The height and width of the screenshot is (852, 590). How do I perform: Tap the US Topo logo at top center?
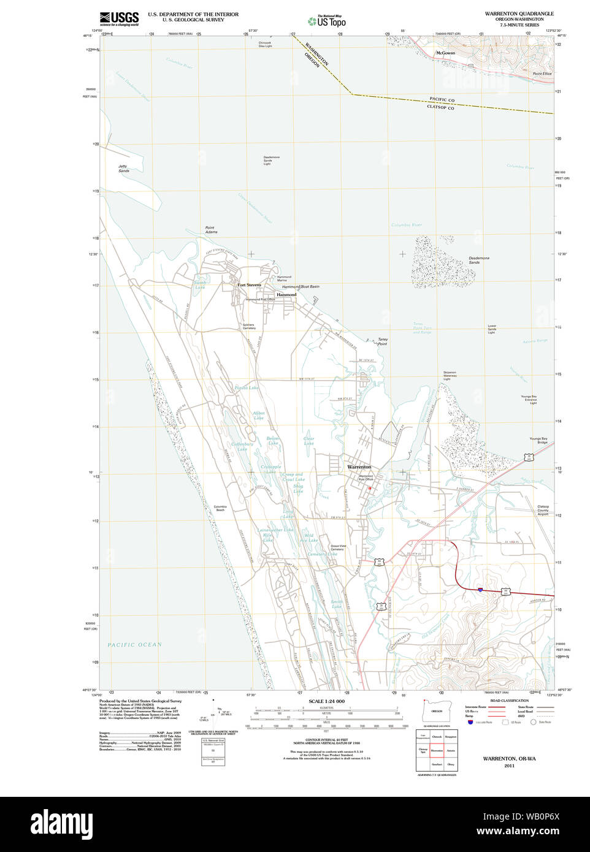click(x=327, y=20)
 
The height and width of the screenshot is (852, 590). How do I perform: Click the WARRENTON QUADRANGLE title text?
click(x=519, y=13)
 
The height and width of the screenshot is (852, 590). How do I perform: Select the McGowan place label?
click(x=445, y=53)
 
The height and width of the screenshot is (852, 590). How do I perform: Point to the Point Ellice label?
click(x=542, y=74)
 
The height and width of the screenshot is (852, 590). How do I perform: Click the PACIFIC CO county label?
click(x=442, y=99)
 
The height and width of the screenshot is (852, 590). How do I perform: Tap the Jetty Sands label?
click(x=124, y=168)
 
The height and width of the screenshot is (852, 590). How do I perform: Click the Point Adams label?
click(x=210, y=230)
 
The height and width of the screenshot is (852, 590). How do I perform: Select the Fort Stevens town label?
click(x=250, y=285)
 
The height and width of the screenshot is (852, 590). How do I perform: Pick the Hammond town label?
click(x=286, y=295)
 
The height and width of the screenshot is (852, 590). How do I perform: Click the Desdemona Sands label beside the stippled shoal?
click(x=479, y=260)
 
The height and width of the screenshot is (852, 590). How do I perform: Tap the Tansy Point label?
click(x=383, y=341)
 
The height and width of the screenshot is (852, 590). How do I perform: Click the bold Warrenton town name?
click(x=359, y=467)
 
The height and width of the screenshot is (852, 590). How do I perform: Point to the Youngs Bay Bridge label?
click(x=538, y=440)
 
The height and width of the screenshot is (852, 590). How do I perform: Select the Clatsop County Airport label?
click(x=543, y=510)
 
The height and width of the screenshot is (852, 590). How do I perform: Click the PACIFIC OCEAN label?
click(x=135, y=644)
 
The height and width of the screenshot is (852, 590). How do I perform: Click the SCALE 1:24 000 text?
click(x=326, y=701)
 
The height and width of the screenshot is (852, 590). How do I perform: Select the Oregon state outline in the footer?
click(x=437, y=711)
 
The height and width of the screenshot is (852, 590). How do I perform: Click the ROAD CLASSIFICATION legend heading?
click(x=509, y=701)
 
